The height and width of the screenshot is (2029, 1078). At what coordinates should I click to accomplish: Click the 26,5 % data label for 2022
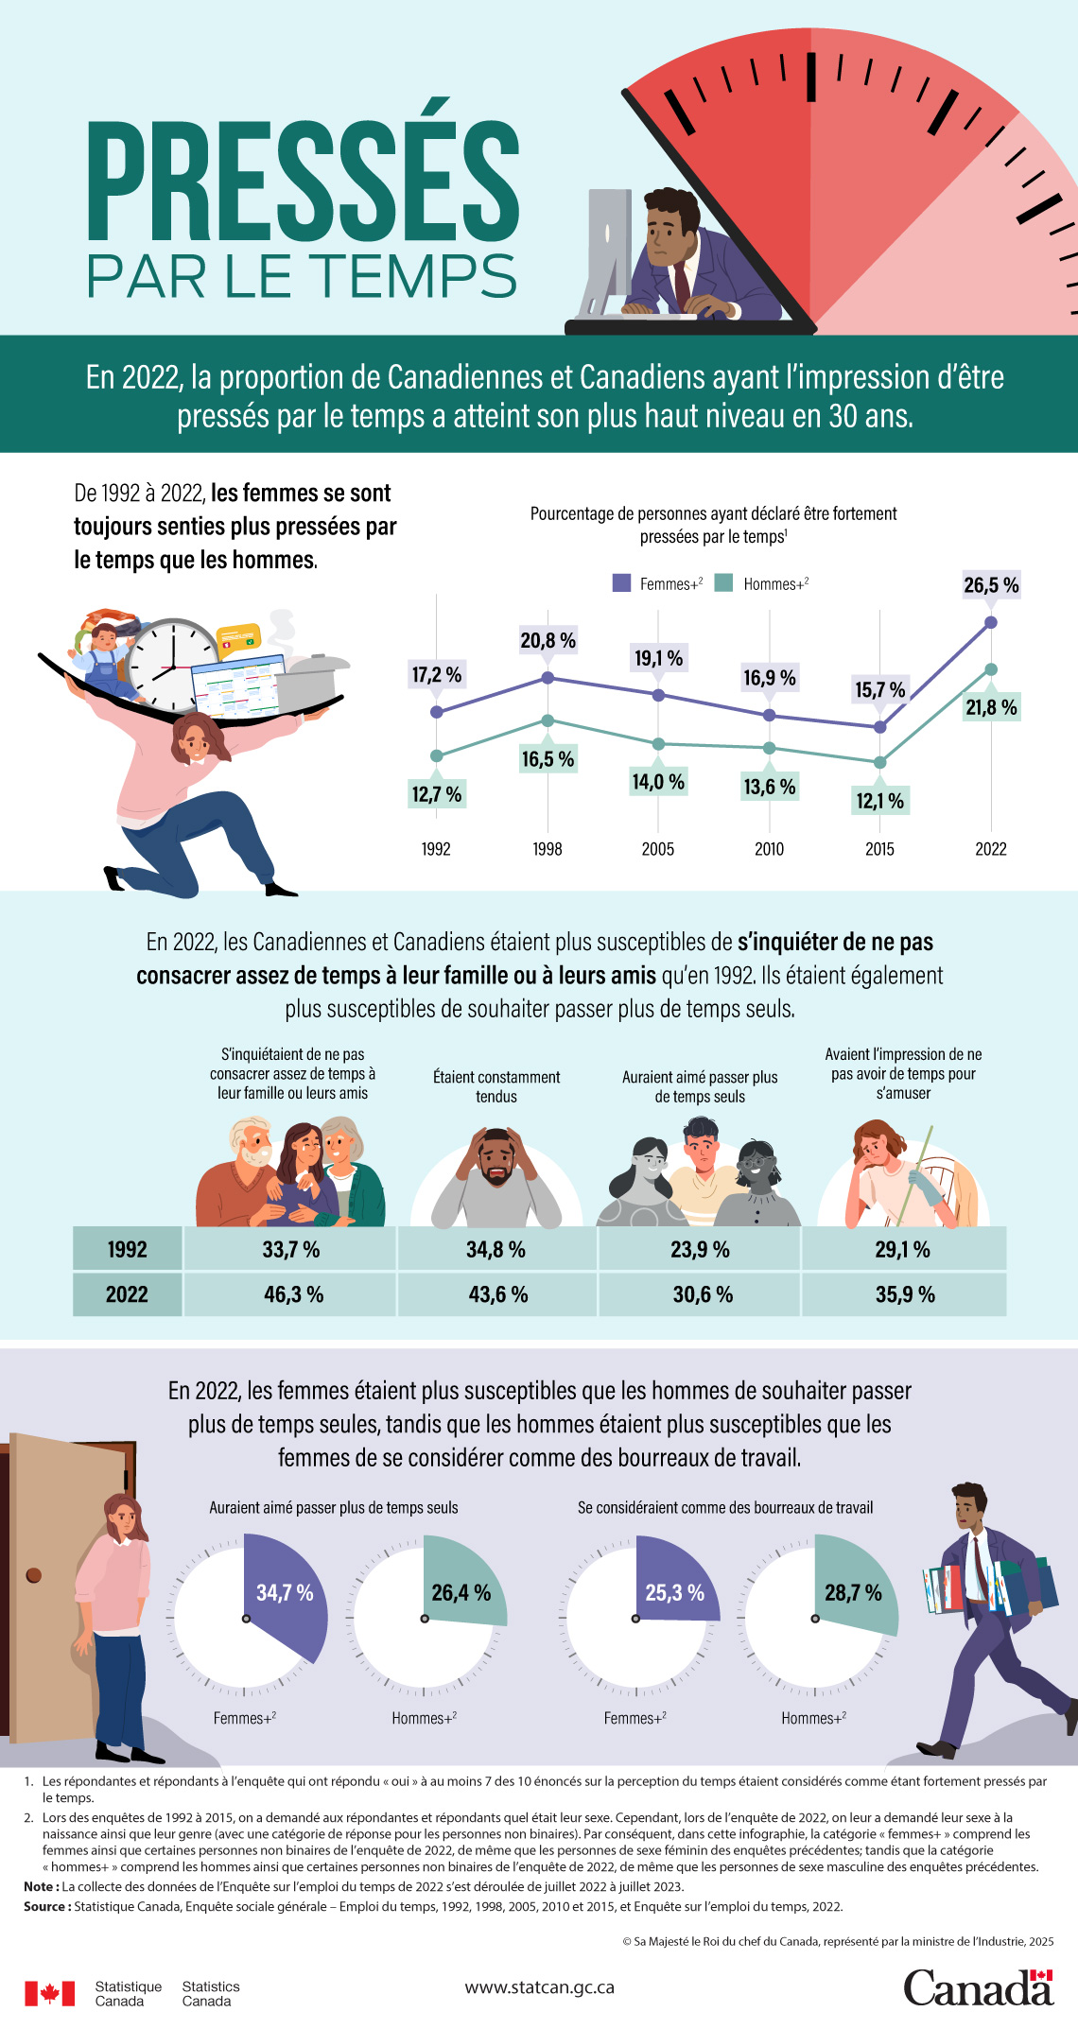click(x=991, y=585)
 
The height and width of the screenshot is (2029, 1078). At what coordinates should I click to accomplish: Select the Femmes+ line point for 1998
click(x=548, y=678)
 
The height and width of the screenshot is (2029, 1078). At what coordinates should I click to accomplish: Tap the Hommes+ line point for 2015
click(x=880, y=762)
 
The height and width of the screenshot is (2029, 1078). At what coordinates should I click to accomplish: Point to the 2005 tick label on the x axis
click(x=658, y=849)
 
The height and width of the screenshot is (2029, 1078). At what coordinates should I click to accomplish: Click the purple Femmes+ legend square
click(x=621, y=582)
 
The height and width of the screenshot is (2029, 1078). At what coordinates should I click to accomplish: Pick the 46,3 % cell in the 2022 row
click(x=293, y=1294)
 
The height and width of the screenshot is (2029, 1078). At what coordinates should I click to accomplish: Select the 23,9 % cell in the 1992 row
click(x=700, y=1249)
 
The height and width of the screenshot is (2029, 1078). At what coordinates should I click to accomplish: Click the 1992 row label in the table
click(x=127, y=1249)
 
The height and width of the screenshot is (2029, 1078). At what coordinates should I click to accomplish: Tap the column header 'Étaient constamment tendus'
click(x=496, y=1086)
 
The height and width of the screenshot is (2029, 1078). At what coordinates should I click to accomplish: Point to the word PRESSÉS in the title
click(x=304, y=182)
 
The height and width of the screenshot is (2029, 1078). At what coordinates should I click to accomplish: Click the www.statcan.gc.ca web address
click(x=539, y=1987)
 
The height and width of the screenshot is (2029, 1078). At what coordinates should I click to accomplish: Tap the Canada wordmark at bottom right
click(x=978, y=1986)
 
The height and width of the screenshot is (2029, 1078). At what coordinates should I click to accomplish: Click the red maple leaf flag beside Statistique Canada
click(x=49, y=1993)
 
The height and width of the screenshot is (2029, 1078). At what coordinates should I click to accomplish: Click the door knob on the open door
click(x=34, y=1575)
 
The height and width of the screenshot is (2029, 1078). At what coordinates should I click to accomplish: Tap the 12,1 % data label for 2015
click(x=880, y=801)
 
